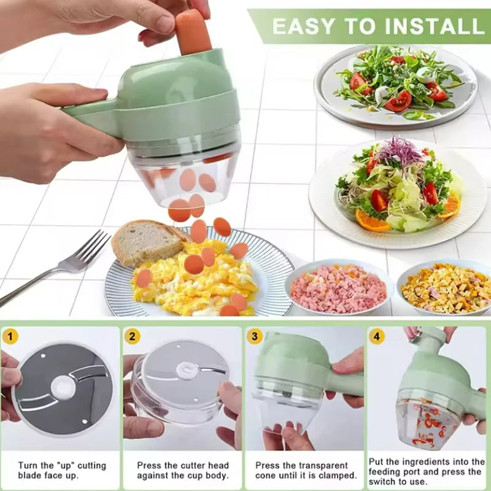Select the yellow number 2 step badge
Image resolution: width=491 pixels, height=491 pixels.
[x=132, y=336]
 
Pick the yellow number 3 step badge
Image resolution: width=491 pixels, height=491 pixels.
[x=255, y=336]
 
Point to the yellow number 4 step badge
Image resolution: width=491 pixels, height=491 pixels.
[x=377, y=336]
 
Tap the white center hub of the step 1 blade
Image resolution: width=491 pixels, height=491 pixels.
[x=62, y=387]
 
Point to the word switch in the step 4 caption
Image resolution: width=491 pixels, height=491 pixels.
[x=389, y=481]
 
